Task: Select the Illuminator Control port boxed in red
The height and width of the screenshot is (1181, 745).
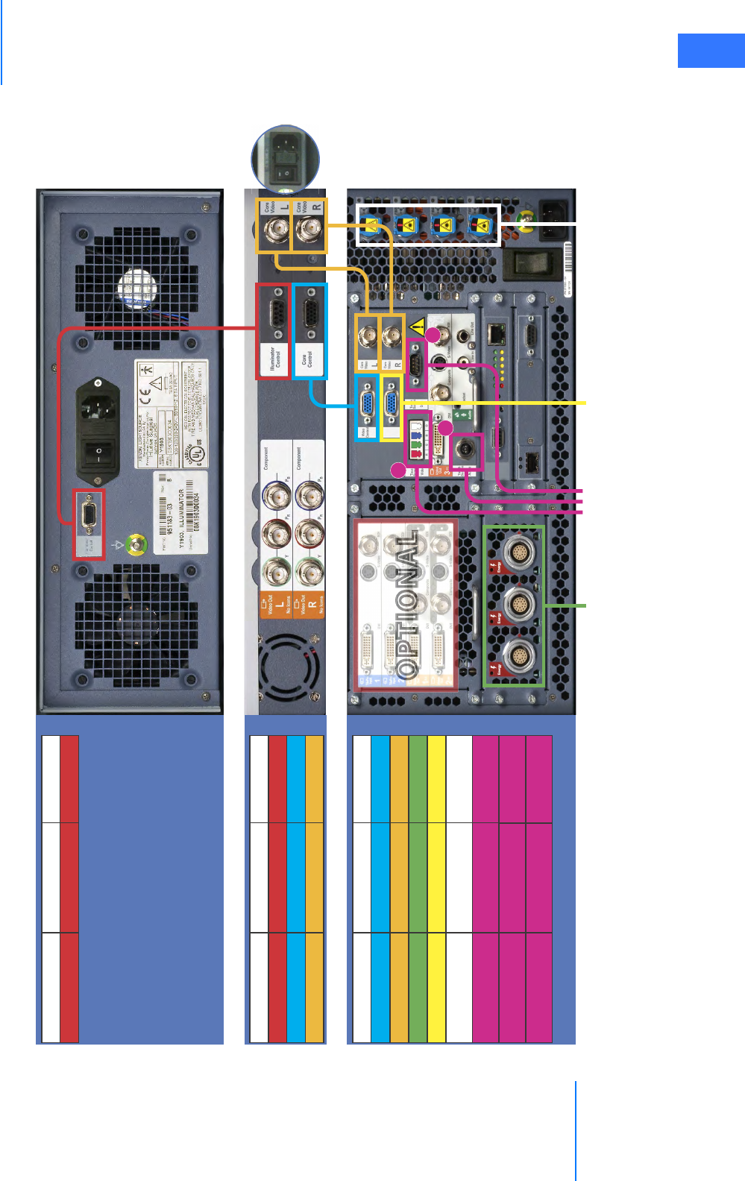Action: tap(273, 315)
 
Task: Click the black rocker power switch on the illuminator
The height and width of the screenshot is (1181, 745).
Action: tap(98, 452)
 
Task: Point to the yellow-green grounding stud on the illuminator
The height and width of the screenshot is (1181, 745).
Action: tap(135, 545)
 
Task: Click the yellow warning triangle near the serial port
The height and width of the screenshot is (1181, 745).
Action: tap(418, 326)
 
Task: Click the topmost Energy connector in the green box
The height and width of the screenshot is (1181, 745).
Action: tap(519, 553)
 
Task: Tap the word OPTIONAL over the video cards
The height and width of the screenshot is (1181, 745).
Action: tap(406, 604)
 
